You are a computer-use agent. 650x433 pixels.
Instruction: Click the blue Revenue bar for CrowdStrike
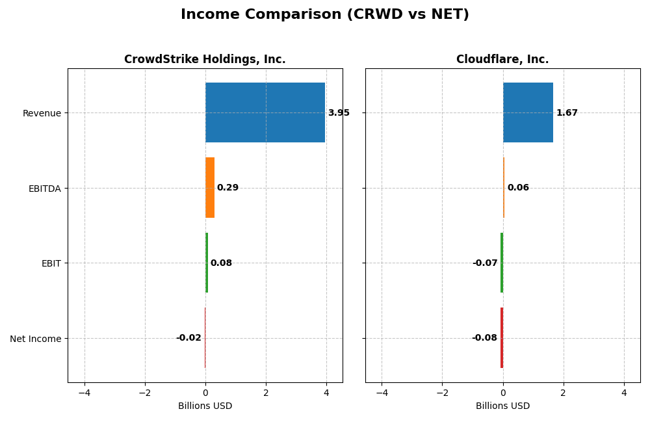[265, 112]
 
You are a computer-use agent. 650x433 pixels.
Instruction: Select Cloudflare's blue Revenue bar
[528, 112]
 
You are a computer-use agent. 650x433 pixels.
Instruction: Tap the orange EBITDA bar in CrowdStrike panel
[210, 188]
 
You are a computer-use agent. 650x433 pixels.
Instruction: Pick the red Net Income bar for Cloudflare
[502, 338]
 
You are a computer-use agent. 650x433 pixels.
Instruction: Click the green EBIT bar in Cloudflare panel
[502, 263]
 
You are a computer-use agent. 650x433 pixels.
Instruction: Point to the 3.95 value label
[339, 113]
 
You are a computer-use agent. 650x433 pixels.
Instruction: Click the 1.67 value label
[567, 113]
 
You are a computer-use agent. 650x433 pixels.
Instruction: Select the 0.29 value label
[227, 188]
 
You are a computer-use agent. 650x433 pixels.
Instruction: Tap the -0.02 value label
[188, 338]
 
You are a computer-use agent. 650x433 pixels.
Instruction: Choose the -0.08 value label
[484, 338]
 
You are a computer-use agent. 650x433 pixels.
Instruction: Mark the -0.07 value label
[485, 263]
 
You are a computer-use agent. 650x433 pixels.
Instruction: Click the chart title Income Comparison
[325, 14]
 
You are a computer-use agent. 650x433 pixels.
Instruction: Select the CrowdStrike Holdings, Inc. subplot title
[205, 60]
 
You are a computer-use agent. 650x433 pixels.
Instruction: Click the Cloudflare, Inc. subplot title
[502, 60]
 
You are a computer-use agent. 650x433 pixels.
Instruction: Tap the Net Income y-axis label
[36, 339]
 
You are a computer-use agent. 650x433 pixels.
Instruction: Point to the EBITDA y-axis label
[45, 189]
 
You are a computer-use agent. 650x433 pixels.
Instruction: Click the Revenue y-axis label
[42, 113]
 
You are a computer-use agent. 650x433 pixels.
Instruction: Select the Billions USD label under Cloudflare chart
[502, 406]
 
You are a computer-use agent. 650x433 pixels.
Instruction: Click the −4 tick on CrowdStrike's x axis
[84, 393]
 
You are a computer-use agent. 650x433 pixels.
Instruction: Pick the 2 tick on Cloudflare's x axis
[564, 393]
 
